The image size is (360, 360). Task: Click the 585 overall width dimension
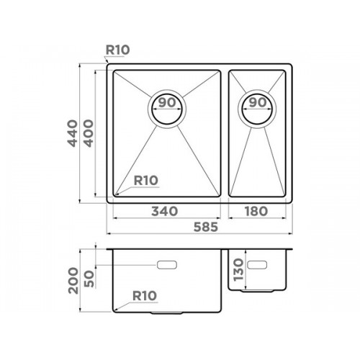206,227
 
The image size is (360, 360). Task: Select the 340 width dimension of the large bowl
165,212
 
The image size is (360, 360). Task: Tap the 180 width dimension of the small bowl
256,212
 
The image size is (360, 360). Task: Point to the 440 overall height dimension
73,133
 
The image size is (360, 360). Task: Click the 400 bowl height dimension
89,133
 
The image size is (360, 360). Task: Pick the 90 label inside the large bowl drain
167,103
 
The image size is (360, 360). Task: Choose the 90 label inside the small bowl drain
258,103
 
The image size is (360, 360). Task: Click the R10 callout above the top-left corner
117,50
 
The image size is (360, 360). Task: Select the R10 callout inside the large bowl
145,181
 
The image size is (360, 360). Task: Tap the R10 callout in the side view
145,296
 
